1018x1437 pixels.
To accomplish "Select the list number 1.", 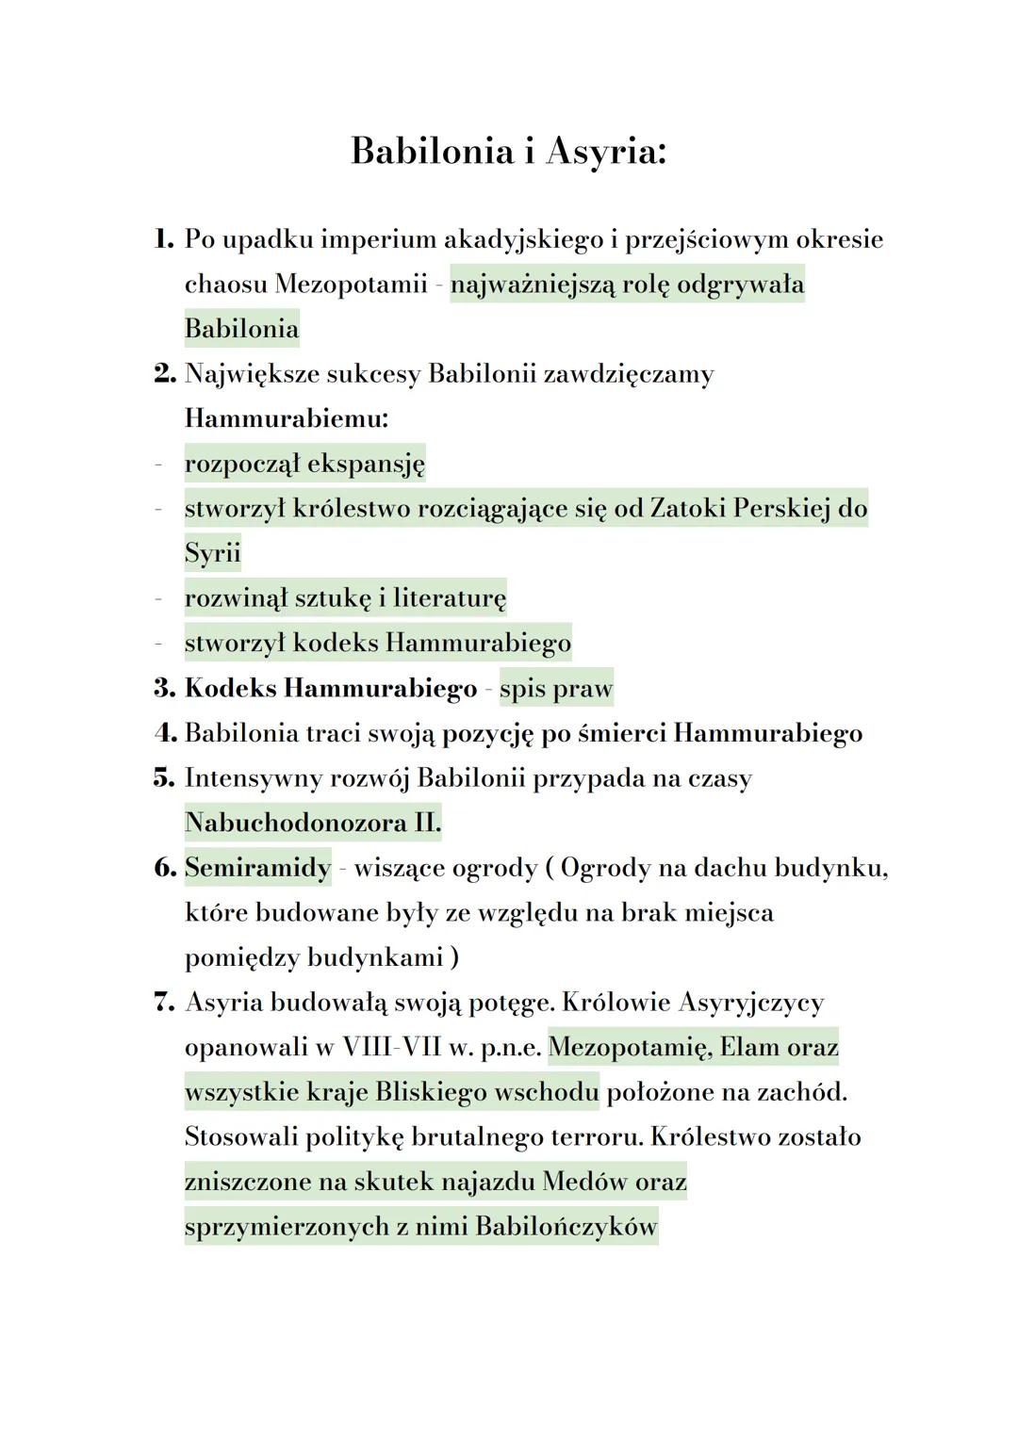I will click(164, 239).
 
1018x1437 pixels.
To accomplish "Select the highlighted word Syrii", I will click(212, 553).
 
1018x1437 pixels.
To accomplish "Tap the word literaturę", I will click(450, 598).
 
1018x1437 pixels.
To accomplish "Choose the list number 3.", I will click(164, 688).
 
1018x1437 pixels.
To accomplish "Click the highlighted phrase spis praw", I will click(556, 689).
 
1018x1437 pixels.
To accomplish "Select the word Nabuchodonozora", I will click(295, 823).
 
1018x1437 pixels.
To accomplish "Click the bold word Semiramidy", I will click(257, 867).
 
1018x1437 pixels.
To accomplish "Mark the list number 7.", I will click(164, 1003).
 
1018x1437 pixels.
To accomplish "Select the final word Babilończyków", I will click(566, 1227).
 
